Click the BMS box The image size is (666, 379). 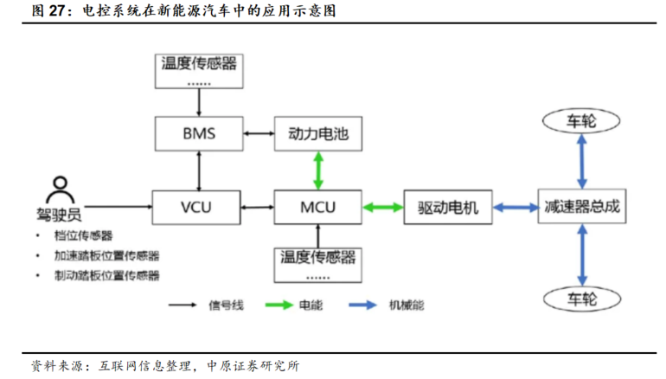pyautogui.click(x=199, y=134)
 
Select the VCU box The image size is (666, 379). pyautogui.click(x=199, y=207)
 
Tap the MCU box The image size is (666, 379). pyautogui.click(x=318, y=207)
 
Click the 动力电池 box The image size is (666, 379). pyautogui.click(x=318, y=134)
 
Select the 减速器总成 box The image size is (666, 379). pyautogui.click(x=580, y=207)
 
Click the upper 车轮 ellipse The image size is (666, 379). pyautogui.click(x=580, y=121)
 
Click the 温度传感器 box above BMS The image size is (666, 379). pyautogui.click(x=199, y=68)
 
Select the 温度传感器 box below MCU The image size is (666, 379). pyautogui.click(x=318, y=263)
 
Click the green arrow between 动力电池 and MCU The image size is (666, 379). pyautogui.click(x=318, y=170)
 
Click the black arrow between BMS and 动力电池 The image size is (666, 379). pyautogui.click(x=259, y=134)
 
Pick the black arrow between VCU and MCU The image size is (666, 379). pyautogui.click(x=259, y=207)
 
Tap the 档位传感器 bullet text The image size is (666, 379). pyautogui.click(x=88, y=235)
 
